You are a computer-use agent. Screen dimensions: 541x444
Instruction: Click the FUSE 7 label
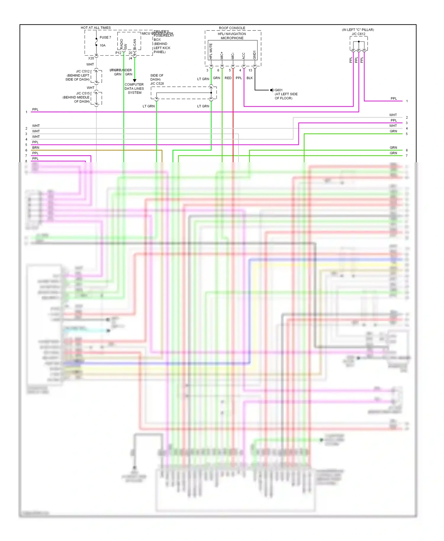coord(105,38)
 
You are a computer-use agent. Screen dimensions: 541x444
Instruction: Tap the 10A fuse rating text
coord(102,46)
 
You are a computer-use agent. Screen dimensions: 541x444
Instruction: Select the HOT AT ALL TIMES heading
coord(96,28)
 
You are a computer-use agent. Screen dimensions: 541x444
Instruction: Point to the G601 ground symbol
coord(272,90)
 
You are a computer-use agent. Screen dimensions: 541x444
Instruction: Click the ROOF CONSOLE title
coord(232,28)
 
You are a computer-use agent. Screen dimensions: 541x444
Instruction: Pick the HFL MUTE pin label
coord(211,51)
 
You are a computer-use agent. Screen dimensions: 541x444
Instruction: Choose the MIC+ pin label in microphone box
coord(222,55)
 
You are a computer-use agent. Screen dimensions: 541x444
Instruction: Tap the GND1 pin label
coord(254,55)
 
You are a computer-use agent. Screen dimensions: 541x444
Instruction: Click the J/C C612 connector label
coord(358,34)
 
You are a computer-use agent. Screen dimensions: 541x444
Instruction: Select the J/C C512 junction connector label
coord(83,71)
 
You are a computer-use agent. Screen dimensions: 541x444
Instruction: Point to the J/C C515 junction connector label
coord(83,93)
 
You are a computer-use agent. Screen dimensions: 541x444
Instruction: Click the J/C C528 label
coord(157,83)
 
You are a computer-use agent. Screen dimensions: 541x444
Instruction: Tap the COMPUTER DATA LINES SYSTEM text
coord(134,88)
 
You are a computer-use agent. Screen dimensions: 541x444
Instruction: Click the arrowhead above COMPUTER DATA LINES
coord(135,80)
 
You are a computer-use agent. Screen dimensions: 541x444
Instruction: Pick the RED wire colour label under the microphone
coord(228,78)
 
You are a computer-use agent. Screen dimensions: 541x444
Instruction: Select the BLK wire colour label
coord(250,78)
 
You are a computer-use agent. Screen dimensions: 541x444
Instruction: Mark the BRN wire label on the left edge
coord(36,148)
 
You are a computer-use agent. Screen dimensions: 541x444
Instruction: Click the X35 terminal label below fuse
coord(91,58)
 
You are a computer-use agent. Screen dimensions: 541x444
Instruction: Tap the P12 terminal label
coord(118,53)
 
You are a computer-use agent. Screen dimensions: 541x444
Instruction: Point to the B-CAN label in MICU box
coord(135,44)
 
